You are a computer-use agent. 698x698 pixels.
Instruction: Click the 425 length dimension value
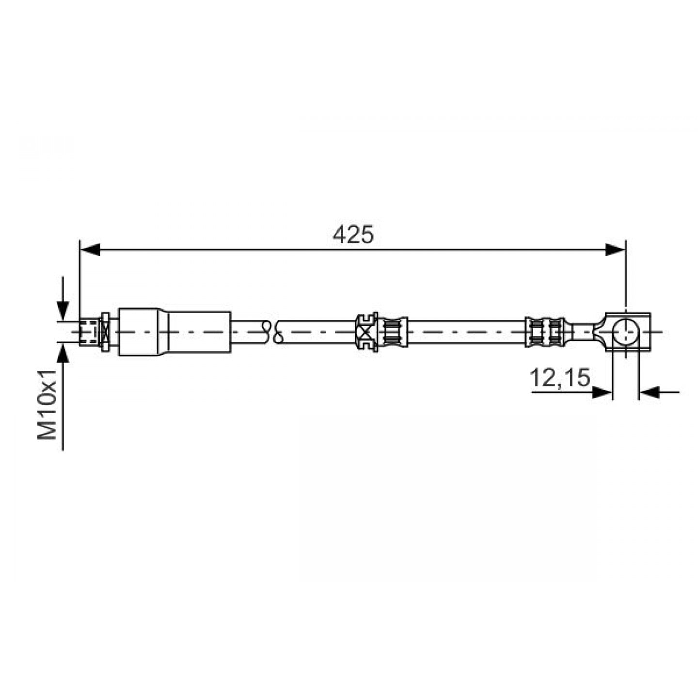[x=353, y=235]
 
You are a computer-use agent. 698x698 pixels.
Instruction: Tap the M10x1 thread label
[x=47, y=405]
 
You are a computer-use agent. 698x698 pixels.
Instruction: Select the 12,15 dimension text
[x=560, y=378]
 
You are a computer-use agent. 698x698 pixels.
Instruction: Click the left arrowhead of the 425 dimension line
[x=90, y=250]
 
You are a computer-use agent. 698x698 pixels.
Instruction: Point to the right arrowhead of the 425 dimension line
[x=615, y=250]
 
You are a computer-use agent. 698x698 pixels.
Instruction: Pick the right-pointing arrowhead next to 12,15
[x=602, y=392]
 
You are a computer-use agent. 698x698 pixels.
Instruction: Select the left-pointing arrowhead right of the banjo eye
[x=649, y=392]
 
